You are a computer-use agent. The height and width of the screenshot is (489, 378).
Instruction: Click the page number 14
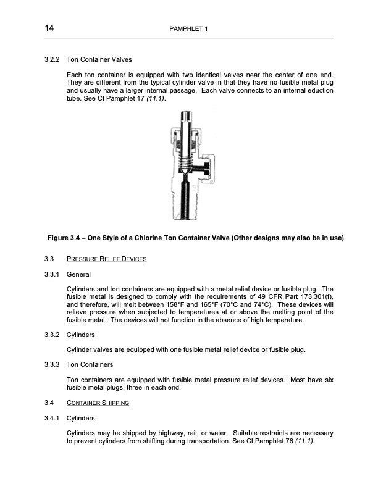pyautogui.click(x=49, y=29)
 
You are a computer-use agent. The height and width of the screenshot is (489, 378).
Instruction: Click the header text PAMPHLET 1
pyautogui.click(x=188, y=30)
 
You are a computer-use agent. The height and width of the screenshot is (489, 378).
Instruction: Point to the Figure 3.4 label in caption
pyautogui.click(x=67, y=238)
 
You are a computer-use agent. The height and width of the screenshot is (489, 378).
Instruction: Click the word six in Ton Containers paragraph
pyautogui.click(x=328, y=380)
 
